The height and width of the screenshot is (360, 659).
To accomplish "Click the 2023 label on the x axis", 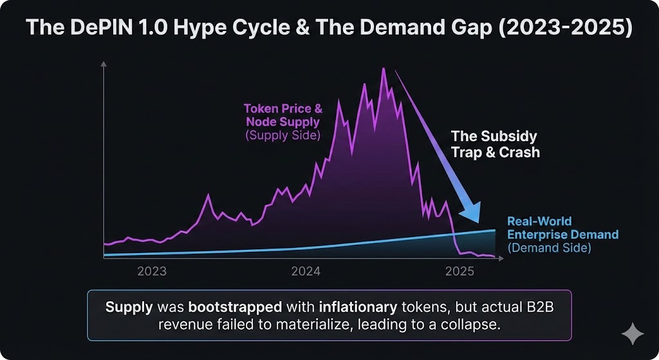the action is [152, 271].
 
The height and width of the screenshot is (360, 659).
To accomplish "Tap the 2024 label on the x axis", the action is [306, 271].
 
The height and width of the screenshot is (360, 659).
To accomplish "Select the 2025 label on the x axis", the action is [459, 271].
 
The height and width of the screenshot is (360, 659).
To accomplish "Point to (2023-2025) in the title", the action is [565, 28].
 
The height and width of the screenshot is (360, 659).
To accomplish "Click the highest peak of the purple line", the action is [384, 68].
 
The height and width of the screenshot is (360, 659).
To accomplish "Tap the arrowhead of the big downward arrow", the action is [470, 213].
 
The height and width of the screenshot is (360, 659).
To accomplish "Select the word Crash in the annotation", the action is [519, 152].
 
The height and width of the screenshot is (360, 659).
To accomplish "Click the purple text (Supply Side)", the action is [283, 135].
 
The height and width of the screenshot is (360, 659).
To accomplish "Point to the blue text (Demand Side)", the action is [550, 248].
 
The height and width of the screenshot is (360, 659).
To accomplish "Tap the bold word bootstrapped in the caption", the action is [235, 307].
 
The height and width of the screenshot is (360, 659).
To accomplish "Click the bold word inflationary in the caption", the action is [358, 307].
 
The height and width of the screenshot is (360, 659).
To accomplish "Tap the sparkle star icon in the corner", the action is [633, 334].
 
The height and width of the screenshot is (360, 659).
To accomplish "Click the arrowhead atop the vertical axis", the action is [104, 64].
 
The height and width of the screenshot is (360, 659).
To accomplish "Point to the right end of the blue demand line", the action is [495, 230].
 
